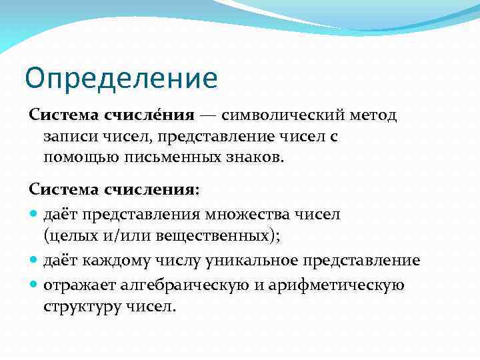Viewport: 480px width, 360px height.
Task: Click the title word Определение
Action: [x=121, y=78]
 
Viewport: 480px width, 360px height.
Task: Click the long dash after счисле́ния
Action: [x=207, y=115]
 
